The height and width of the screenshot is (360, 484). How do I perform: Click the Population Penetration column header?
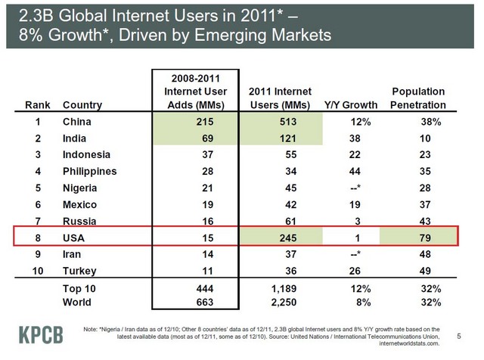[x=418, y=98]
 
